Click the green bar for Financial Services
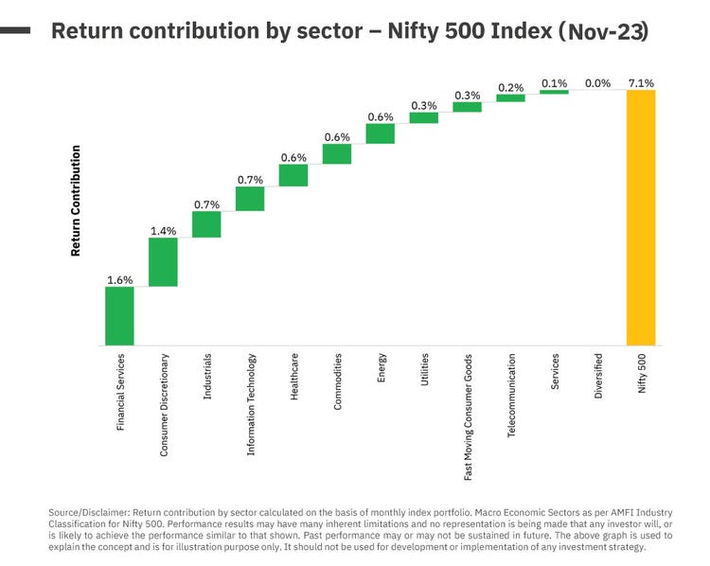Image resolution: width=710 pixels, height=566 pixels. (119, 316)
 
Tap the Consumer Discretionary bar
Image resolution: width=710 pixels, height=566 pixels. (163, 261)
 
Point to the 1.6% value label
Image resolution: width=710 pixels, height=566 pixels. (119, 279)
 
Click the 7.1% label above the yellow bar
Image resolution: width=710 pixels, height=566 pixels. (640, 83)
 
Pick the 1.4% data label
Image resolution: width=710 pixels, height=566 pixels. (163, 230)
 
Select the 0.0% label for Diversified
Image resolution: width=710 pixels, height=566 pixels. (597, 83)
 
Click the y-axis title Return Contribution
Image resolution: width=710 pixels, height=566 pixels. (76, 201)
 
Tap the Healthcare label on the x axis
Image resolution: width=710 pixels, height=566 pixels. (294, 376)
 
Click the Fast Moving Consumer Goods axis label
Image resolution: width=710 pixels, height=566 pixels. (468, 418)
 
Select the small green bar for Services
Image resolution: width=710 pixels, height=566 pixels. (554, 92)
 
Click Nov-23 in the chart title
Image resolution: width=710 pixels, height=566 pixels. (604, 31)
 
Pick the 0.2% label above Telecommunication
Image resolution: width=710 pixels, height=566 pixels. (511, 87)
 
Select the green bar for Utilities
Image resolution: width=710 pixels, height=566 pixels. (424, 118)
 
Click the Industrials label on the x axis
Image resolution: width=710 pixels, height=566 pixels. (207, 377)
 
